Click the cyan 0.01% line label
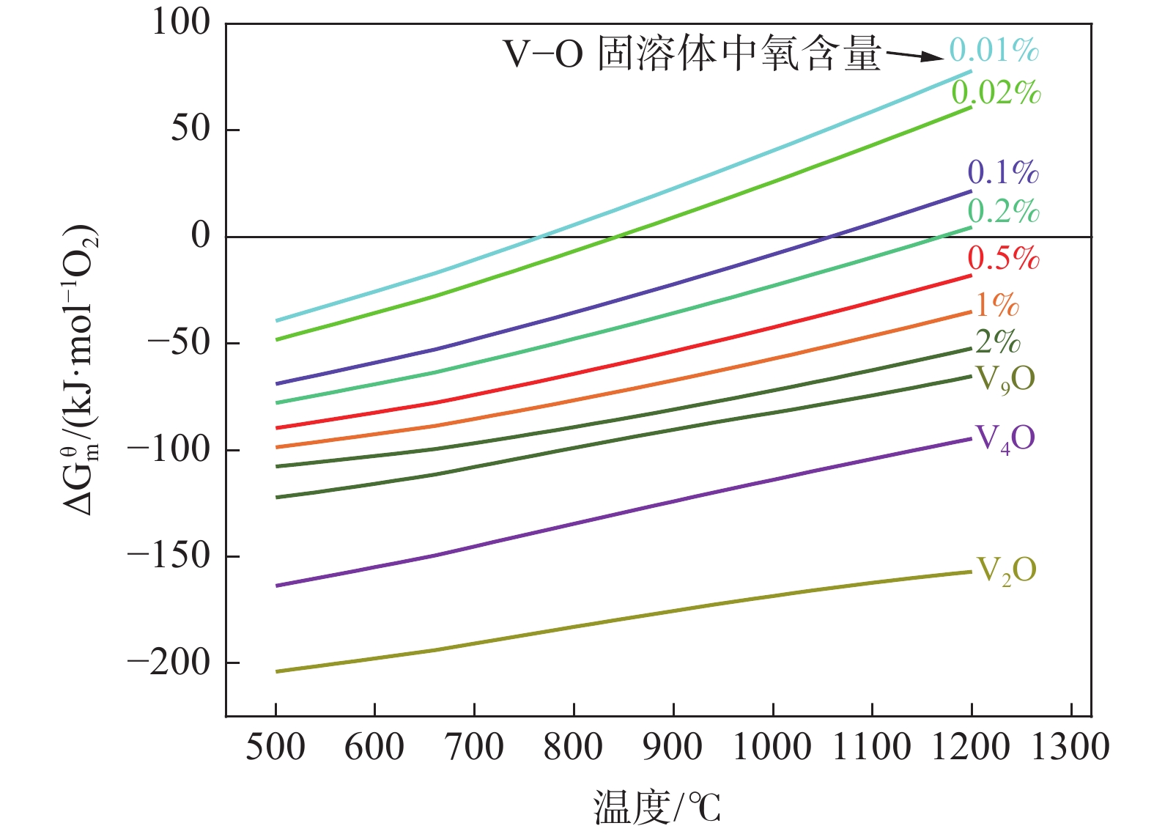pyautogui.click(x=994, y=50)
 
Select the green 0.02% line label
pyautogui.click(x=996, y=93)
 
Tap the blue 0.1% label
pyautogui.click(x=1003, y=172)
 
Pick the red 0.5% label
pyautogui.click(x=1003, y=258)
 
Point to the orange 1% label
pyautogui.click(x=997, y=305)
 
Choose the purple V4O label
pyautogui.click(x=1005, y=439)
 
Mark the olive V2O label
pyautogui.click(x=1007, y=570)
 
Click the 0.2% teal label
pyautogui.click(x=1003, y=211)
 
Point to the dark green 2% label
pyautogui.click(x=997, y=342)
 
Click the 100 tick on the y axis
pyautogui.click(x=180, y=23)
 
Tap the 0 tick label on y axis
pyautogui.click(x=200, y=236)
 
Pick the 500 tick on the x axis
pyautogui.click(x=275, y=748)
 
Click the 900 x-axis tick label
pyautogui.click(x=673, y=748)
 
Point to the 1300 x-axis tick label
pyautogui.click(x=1070, y=748)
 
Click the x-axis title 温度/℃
pyautogui.click(x=656, y=807)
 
